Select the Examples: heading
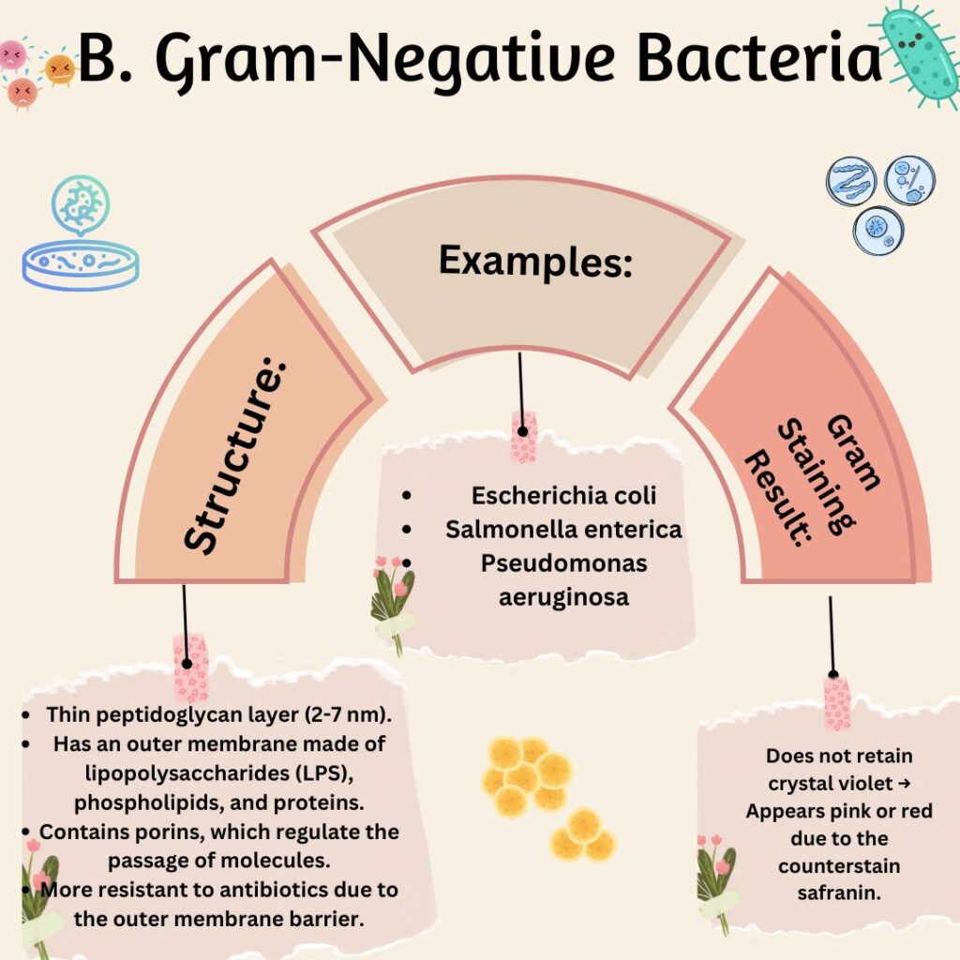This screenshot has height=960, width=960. click(x=535, y=262)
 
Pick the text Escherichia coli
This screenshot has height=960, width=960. click(x=563, y=495)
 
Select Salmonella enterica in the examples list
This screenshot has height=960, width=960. click(x=563, y=530)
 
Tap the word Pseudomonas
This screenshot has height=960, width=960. click(x=563, y=563)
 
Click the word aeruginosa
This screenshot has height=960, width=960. click(x=563, y=597)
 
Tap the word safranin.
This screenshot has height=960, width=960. click(x=839, y=893)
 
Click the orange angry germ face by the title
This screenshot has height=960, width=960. click(x=60, y=68)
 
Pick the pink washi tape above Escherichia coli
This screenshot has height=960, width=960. click(x=524, y=436)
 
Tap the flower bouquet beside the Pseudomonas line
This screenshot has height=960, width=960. click(x=393, y=603)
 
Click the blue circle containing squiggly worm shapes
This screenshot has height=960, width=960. click(x=851, y=181)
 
